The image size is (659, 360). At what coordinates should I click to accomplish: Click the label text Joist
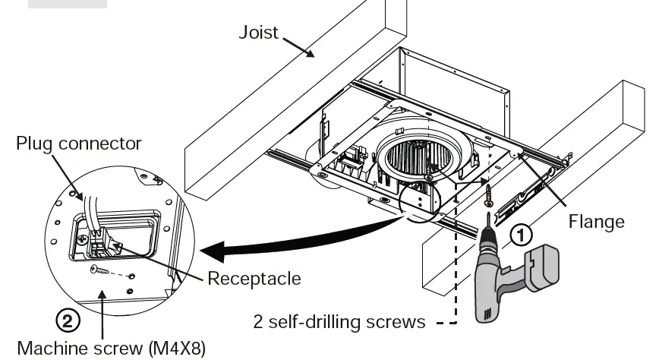(259, 33)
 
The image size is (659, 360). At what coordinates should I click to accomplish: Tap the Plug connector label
(79, 144)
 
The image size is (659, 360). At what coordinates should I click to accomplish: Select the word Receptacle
(254, 278)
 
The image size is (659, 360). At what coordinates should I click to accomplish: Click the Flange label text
(597, 221)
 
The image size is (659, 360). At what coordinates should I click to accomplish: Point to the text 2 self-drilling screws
(339, 321)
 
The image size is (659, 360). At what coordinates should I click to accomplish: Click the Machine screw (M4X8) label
(111, 348)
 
